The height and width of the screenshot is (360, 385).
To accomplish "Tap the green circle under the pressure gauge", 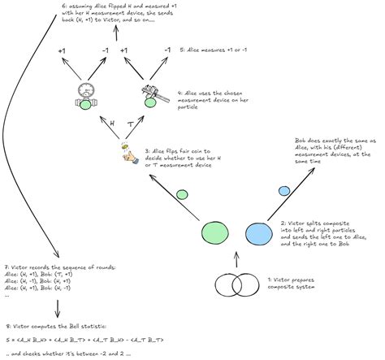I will click(84, 105).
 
